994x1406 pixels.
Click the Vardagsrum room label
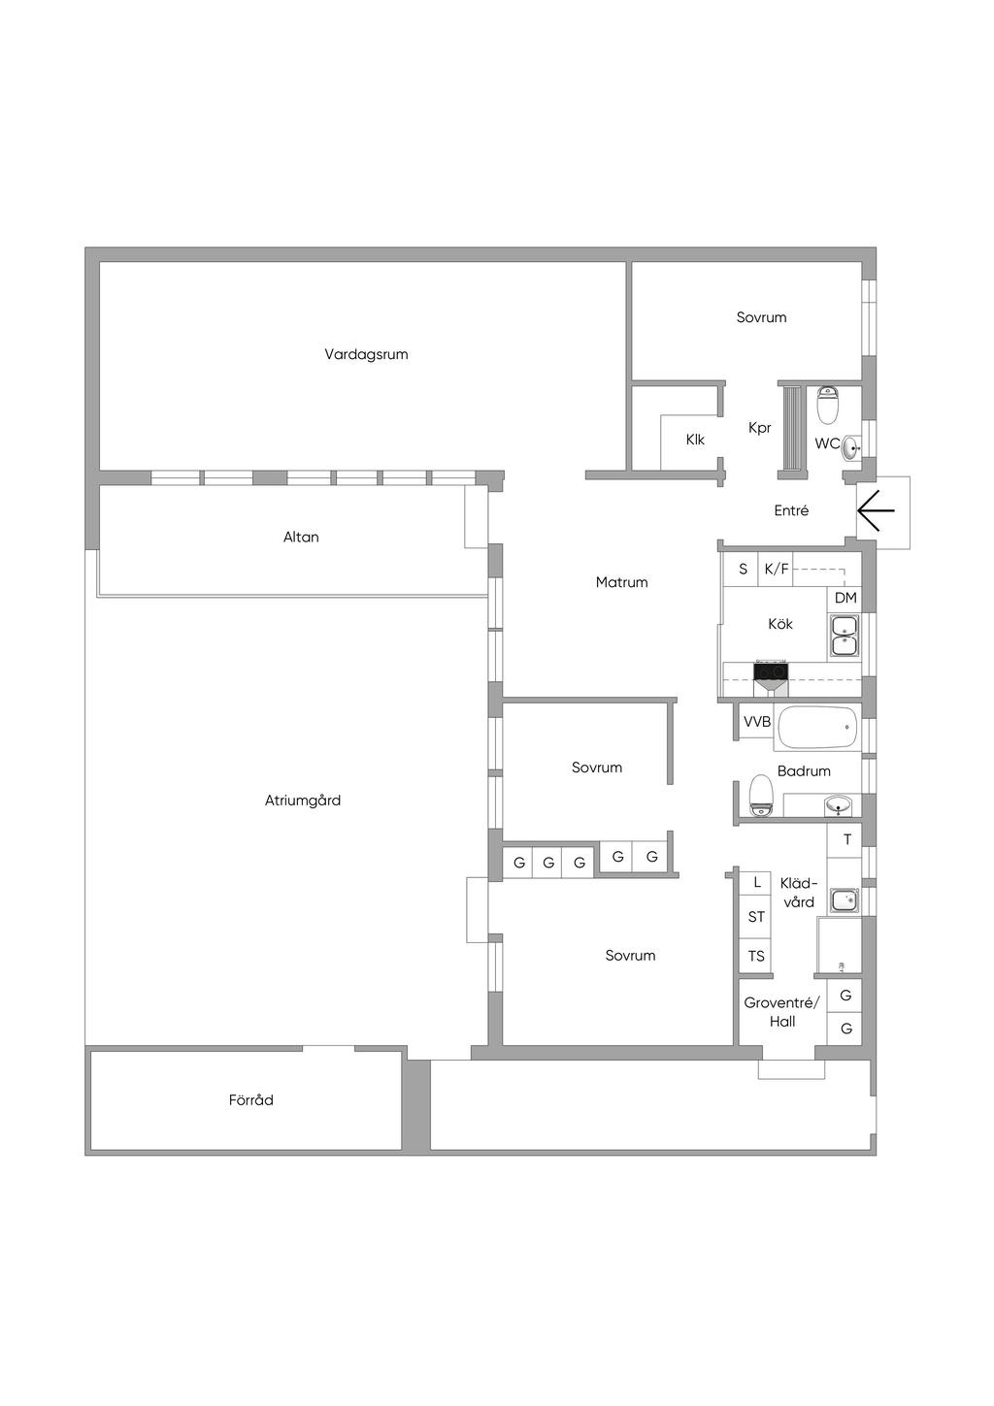[x=366, y=355]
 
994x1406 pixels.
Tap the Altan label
[x=301, y=538]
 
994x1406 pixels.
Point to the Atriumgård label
[x=303, y=801]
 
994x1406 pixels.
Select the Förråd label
[x=251, y=1100]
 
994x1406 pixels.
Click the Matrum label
[x=621, y=583]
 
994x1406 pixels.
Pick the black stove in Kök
[x=772, y=670]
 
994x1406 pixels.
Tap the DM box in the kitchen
[x=845, y=599]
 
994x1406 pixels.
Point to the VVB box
[x=757, y=722]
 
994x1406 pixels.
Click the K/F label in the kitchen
[x=777, y=571]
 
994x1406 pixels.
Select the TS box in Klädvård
[x=756, y=957]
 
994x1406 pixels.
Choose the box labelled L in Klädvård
[x=756, y=883]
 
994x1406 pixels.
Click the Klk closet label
[x=695, y=441]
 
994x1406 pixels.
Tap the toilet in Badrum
[x=760, y=796]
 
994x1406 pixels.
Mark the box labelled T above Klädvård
[x=846, y=840]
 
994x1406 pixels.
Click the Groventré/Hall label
[x=781, y=1012]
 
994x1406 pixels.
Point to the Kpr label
[x=759, y=428]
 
